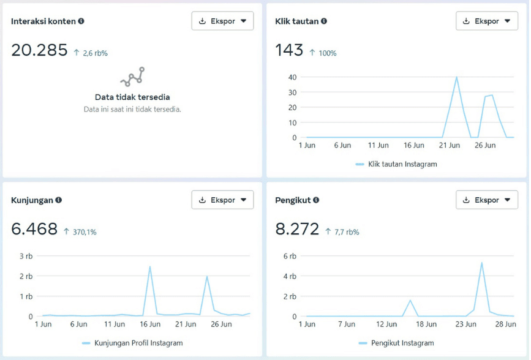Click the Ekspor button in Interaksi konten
pos(222,21)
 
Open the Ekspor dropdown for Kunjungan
pos(222,200)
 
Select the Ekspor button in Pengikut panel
pos(487,200)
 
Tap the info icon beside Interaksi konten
pos(81,21)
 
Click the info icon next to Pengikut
pos(316,200)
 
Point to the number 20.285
pos(39,50)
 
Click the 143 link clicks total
pos(289,50)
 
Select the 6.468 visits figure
pos(34,229)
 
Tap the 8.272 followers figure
pos(297,229)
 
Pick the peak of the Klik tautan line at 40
pos(456,77)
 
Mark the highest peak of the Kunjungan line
pos(149,266)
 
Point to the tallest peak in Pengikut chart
pos(481,263)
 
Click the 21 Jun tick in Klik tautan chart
pos(450,145)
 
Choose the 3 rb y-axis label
pos(26,256)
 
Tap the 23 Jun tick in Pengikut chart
pos(465,324)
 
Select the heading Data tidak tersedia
pos(132,97)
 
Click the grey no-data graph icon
pos(132,77)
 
